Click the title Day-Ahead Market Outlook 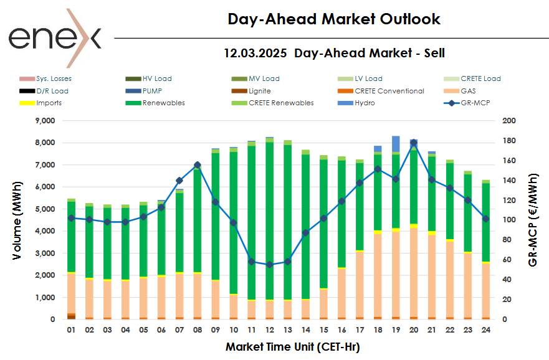click(334, 19)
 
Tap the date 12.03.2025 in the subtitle click(255, 53)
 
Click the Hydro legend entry click(365, 103)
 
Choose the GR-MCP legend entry click(474, 103)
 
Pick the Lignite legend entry click(259, 91)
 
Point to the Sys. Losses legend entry click(54, 78)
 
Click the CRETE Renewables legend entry click(281, 103)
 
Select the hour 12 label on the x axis click(270, 329)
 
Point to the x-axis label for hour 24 click(485, 329)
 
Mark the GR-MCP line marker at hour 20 click(414, 143)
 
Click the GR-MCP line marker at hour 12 click(270, 265)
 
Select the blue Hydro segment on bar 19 click(396, 144)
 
